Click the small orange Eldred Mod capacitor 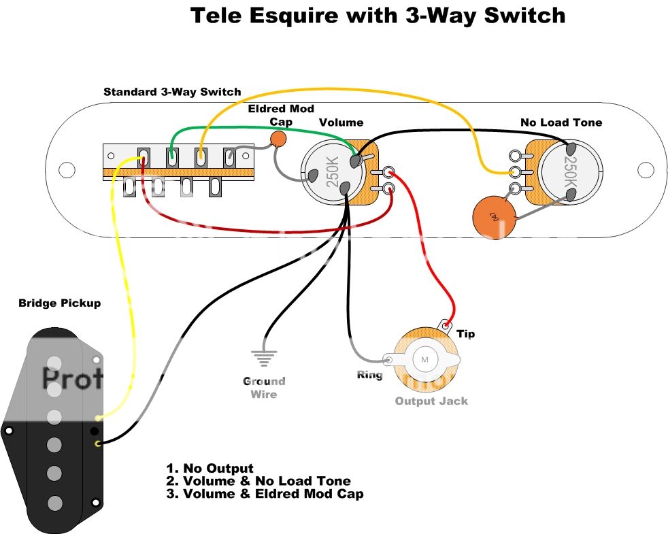278,139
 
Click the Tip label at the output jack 466,334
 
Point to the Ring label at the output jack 369,375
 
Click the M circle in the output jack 426,359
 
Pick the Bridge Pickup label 59,303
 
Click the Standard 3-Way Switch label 172,92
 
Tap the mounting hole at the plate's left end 67,169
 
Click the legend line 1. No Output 210,469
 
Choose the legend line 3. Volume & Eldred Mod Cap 265,494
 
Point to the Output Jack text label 431,401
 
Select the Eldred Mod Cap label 281,115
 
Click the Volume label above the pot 341,122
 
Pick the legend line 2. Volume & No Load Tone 258,481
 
